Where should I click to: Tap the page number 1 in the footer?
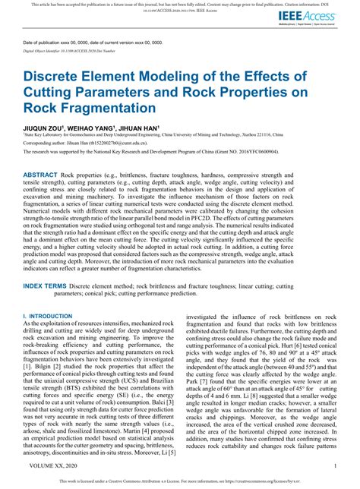tap(335, 465)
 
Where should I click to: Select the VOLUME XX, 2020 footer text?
tap(52, 465)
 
